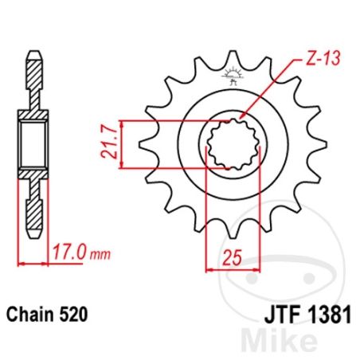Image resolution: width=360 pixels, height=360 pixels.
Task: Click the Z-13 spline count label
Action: [323, 58]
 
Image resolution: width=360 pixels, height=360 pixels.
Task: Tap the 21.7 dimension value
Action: [109, 144]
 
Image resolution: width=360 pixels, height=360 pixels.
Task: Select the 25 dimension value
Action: [233, 257]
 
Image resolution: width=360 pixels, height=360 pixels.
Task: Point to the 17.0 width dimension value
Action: [69, 252]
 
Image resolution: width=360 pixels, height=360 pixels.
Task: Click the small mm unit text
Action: [100, 255]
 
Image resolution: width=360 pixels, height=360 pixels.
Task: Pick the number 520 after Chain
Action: [73, 315]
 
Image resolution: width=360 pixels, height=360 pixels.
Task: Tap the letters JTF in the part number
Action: [283, 315]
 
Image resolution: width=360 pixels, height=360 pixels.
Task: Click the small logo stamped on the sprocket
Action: [233, 76]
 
